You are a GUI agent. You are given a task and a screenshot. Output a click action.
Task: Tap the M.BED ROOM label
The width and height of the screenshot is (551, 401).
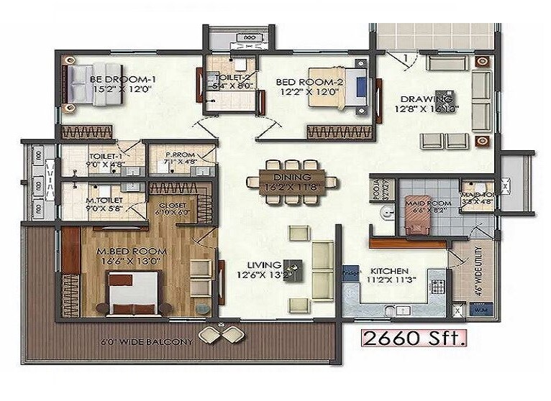[x=132, y=251]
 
